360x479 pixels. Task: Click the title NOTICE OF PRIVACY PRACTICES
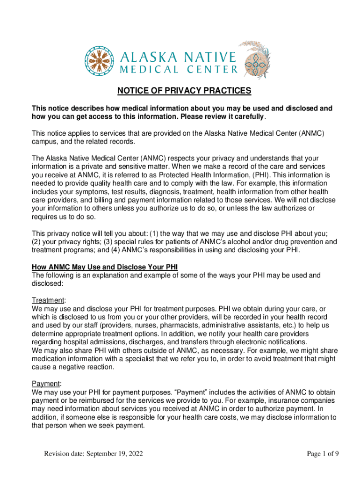pos(184,91)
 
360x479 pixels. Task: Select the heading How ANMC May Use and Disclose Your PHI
pos(105,267)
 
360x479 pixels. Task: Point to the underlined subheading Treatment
pos(49,300)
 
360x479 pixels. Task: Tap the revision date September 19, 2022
pos(94,454)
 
